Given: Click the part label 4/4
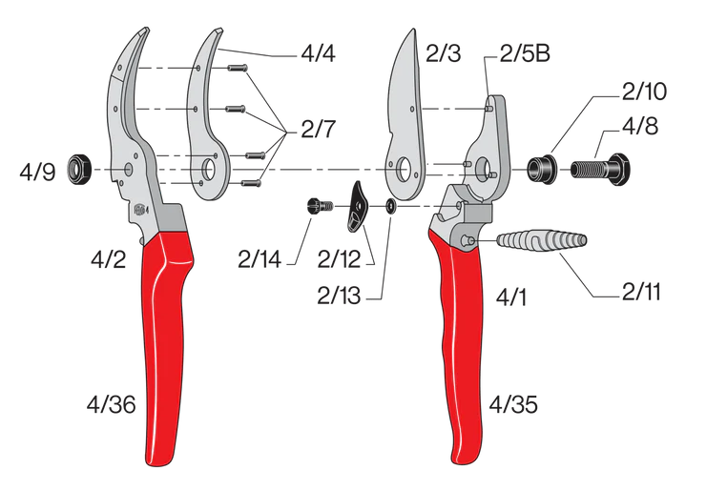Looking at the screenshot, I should [320, 54].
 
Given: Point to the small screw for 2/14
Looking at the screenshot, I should [317, 204].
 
